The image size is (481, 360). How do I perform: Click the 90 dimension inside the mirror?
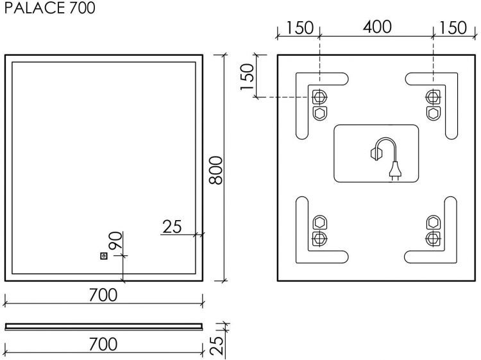point(115,243)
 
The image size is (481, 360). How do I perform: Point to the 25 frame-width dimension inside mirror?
point(172,227)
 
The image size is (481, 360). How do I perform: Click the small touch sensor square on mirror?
point(103,256)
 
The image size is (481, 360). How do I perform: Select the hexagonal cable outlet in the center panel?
point(374,153)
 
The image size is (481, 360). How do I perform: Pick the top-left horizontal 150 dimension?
point(300,28)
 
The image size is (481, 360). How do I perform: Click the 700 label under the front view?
point(103,295)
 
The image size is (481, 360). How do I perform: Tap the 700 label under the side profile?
point(103,344)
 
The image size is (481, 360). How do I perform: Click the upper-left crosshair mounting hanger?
point(319,97)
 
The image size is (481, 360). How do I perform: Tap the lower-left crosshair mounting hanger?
point(319,238)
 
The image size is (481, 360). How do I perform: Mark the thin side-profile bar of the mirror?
point(103,326)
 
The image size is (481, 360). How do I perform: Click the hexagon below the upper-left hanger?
point(319,113)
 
